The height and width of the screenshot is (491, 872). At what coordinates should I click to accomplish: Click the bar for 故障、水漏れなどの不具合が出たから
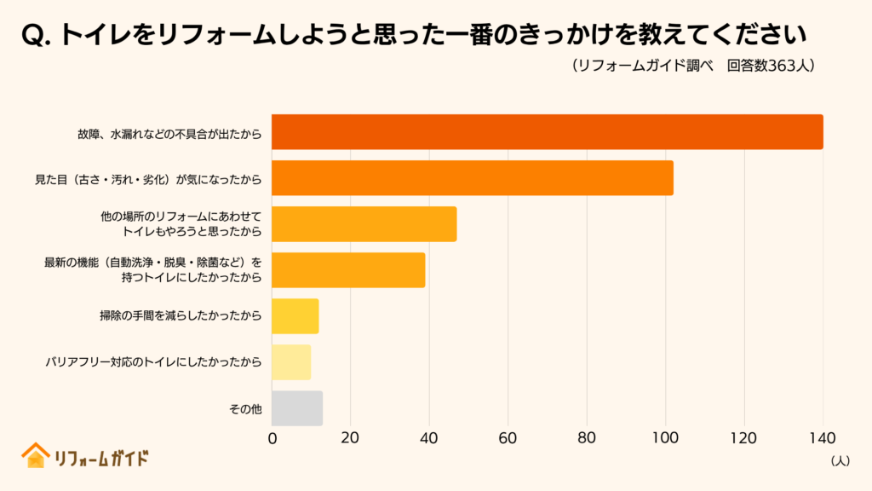pos(547,132)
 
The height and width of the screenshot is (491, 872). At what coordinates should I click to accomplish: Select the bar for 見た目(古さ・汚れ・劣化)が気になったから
pos(472,178)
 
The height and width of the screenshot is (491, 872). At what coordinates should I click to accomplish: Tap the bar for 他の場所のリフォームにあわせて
pos(364,224)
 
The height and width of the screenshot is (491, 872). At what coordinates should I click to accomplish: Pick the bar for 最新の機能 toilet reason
pos(347,270)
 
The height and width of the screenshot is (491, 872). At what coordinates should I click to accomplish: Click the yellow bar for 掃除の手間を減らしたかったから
pos(295,316)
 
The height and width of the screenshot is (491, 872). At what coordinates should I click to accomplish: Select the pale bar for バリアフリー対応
pos(290,362)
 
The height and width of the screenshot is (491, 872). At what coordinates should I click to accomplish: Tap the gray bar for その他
pos(296,408)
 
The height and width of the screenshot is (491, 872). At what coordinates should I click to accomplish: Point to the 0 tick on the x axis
pos(272,439)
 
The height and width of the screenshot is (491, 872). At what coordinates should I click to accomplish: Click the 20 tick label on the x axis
pos(350,439)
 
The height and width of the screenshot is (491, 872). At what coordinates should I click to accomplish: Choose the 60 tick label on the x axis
pos(508,439)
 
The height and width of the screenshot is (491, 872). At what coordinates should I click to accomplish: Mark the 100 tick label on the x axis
pos(665,439)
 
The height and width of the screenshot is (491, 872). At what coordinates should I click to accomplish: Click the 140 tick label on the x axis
pos(822,439)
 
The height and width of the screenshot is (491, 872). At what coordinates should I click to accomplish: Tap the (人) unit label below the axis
pos(838,460)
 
